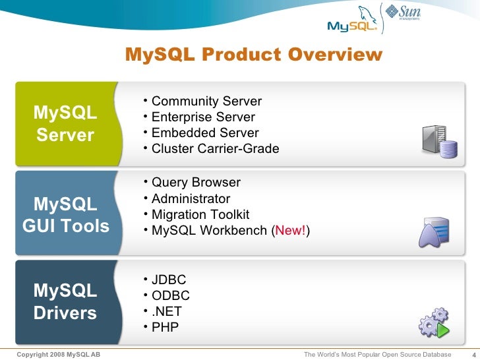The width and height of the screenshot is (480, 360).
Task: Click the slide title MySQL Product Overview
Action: coord(253,54)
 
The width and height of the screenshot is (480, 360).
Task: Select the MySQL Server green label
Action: coord(65,124)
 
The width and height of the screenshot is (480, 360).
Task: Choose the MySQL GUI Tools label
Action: coord(65,215)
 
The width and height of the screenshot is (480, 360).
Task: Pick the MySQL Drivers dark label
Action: coord(65,301)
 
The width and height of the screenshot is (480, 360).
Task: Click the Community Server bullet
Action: coord(206,102)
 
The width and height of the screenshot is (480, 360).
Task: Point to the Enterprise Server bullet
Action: coord(202,117)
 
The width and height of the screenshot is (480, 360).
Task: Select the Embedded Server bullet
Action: coord(204,133)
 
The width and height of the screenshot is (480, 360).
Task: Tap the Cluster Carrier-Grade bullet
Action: coord(215,149)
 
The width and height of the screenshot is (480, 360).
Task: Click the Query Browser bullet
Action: coord(195,183)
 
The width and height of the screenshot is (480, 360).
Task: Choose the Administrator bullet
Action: coord(191,199)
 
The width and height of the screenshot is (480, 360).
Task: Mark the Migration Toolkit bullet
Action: coord(200,215)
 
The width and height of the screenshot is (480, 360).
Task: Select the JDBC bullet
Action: coord(168,280)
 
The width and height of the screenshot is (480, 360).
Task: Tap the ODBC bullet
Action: coord(170,295)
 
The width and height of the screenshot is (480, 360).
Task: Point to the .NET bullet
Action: coord(166,311)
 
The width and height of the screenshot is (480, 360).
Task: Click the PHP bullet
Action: coord(165,327)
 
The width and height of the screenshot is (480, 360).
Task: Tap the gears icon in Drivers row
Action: coord(434,322)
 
